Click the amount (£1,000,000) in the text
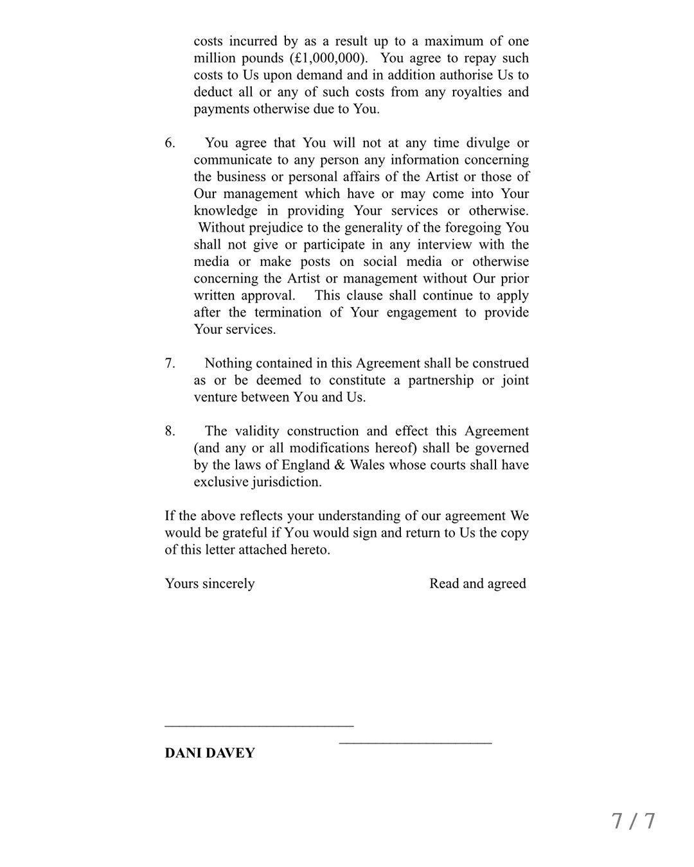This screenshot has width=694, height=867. point(328,58)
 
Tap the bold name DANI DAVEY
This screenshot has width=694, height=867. point(209,753)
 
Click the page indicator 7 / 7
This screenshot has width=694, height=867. point(633,821)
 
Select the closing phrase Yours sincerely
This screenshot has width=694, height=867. point(209,584)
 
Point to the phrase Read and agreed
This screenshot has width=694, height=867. point(477,584)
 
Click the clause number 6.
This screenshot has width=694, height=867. point(170,143)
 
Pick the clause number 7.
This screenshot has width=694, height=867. point(170,363)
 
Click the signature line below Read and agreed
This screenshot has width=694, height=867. point(415,743)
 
